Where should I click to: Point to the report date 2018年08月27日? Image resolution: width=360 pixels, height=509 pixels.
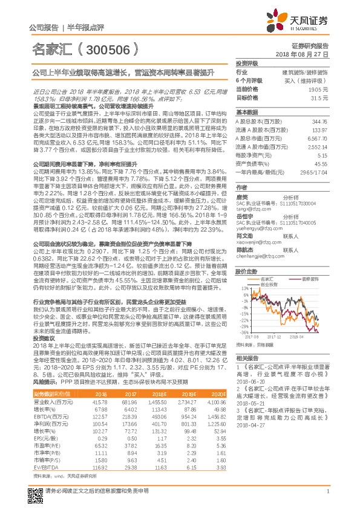coord(309,54)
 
